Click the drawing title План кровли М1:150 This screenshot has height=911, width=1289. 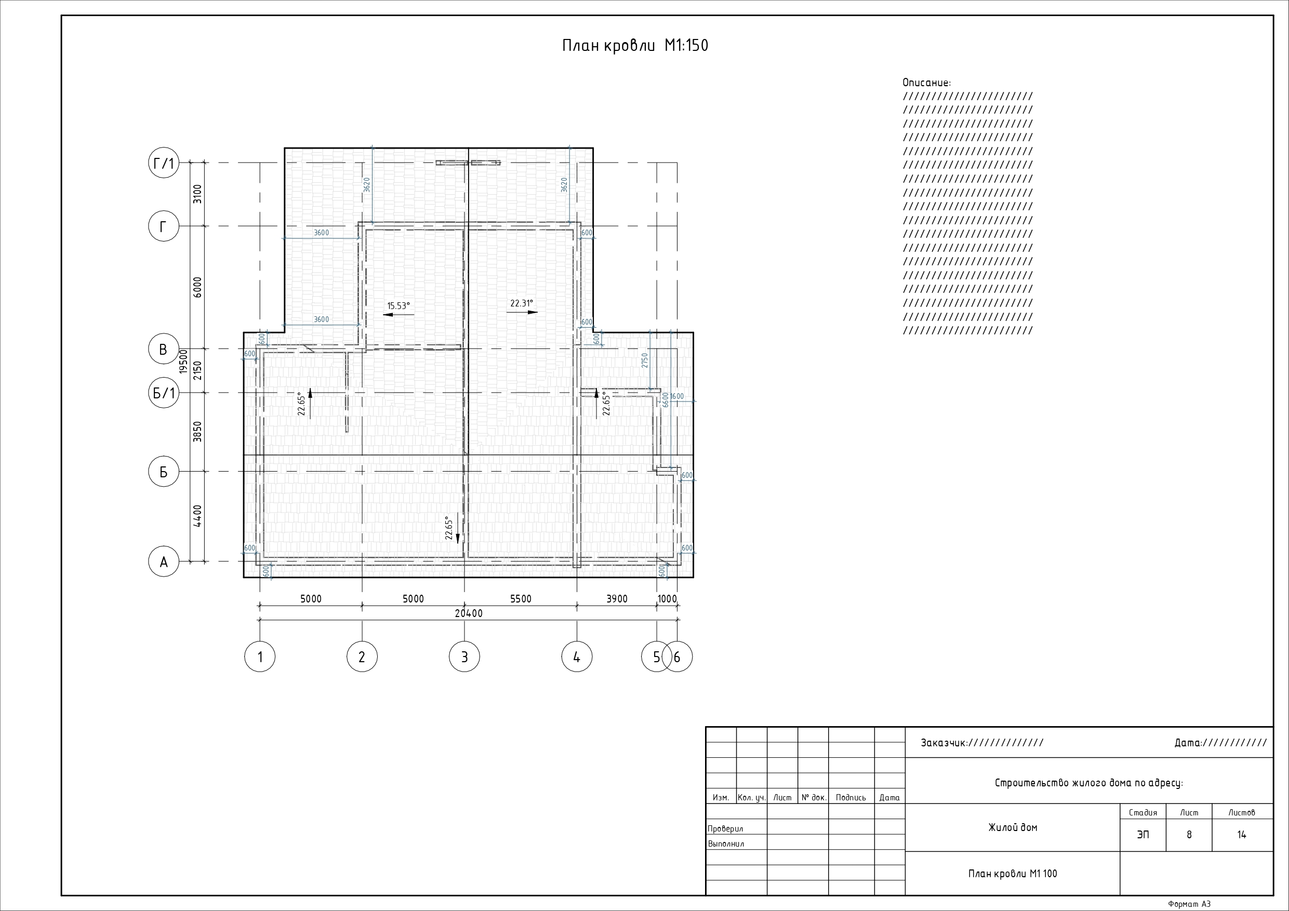pyautogui.click(x=635, y=46)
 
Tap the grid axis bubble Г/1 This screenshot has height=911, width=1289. pyautogui.click(x=163, y=163)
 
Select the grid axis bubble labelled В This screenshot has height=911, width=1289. pyautogui.click(x=163, y=349)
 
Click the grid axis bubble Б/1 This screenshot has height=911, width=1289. pyautogui.click(x=163, y=392)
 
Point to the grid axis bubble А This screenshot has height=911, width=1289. pyautogui.click(x=163, y=561)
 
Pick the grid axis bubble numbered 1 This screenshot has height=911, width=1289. pyautogui.click(x=260, y=656)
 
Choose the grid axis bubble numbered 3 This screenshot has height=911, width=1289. pyautogui.click(x=464, y=656)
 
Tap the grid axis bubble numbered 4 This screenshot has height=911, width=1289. pyautogui.click(x=577, y=656)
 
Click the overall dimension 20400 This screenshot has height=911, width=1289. pyautogui.click(x=469, y=613)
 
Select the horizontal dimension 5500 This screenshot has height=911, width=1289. pyautogui.click(x=521, y=599)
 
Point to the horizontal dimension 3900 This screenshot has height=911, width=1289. pyautogui.click(x=616, y=599)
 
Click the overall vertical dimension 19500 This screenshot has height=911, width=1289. pyautogui.click(x=183, y=361)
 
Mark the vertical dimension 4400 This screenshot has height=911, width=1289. pyautogui.click(x=197, y=516)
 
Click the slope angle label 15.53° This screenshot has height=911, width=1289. pyautogui.click(x=398, y=306)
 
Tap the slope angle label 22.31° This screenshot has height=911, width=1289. pyautogui.click(x=522, y=304)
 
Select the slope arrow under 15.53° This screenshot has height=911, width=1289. pyautogui.click(x=398, y=315)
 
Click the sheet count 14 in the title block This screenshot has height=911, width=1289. pyautogui.click(x=1241, y=835)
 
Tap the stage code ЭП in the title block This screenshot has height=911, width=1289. pyautogui.click(x=1142, y=835)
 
